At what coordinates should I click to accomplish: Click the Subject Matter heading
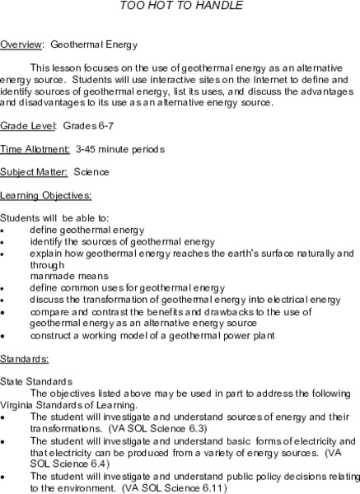point(34,172)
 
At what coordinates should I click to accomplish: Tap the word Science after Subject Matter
point(91,172)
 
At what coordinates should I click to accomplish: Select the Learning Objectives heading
point(45,195)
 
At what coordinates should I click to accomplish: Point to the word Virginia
point(18,405)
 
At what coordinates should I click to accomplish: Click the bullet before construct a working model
point(4,336)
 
